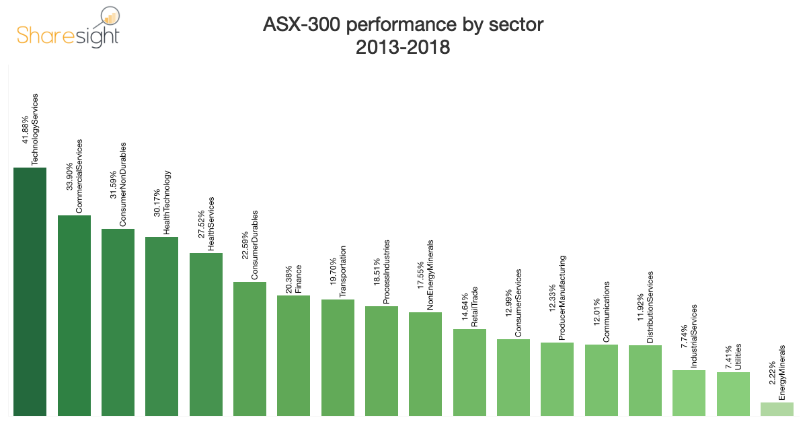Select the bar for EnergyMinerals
(x=777, y=409)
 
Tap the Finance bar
(x=293, y=355)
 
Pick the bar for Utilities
(x=733, y=393)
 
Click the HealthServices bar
(x=206, y=334)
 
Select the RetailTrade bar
(x=469, y=372)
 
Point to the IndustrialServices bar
(x=689, y=392)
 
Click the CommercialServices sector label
(x=79, y=176)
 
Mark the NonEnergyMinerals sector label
(x=430, y=275)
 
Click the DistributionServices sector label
(x=650, y=308)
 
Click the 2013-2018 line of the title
(x=403, y=48)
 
